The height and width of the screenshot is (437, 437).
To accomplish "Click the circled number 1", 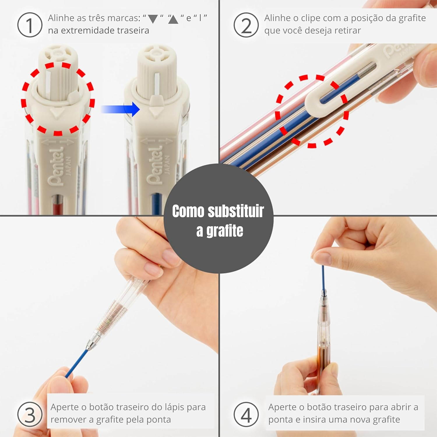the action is click(30, 25).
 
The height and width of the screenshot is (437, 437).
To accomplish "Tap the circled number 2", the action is click(246, 25).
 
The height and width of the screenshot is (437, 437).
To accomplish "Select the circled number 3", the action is click(30, 414).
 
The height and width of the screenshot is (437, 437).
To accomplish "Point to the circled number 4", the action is click(246, 414).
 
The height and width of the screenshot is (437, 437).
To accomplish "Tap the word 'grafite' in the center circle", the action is click(225, 231).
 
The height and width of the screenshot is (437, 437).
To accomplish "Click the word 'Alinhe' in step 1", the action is click(61, 18).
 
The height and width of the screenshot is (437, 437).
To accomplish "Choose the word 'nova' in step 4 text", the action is click(353, 420).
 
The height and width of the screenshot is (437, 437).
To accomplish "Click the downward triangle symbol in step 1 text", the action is click(153, 19).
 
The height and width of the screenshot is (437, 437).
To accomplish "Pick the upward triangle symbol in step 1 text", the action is click(173, 19).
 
